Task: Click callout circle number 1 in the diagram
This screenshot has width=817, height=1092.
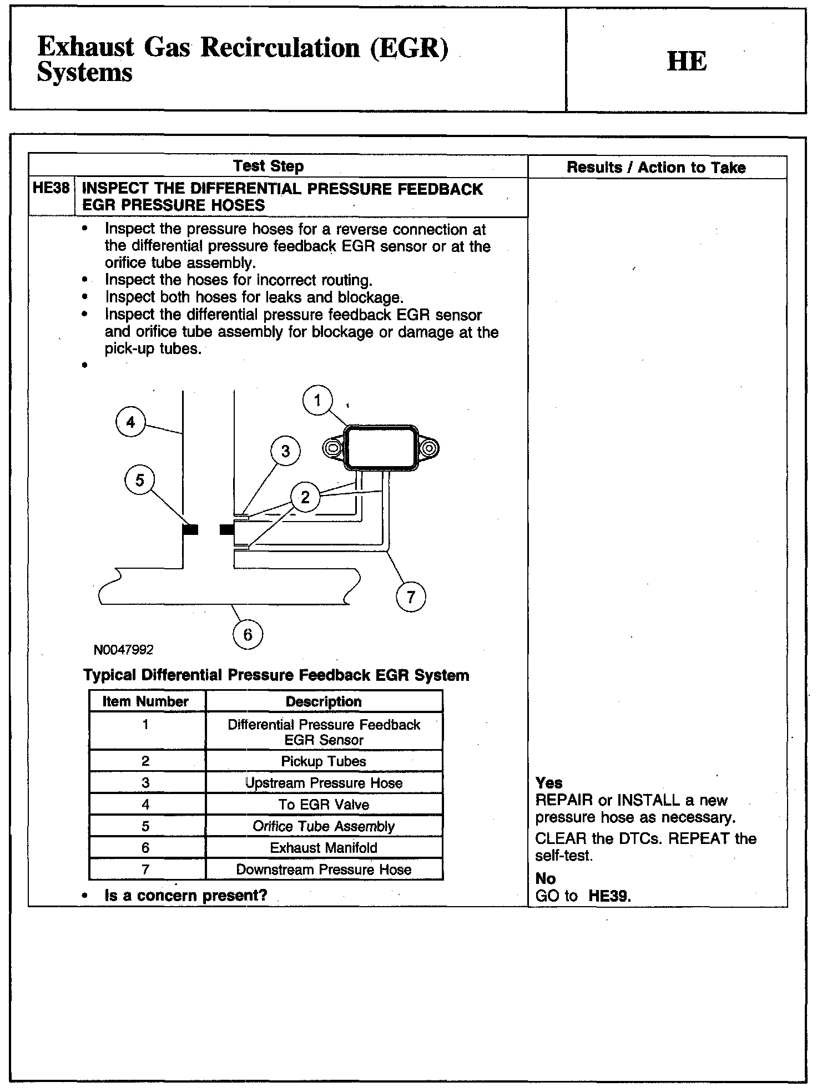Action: pos(317,400)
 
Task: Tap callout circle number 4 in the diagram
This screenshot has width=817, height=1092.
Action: pos(130,422)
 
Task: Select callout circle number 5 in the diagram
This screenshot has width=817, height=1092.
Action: pos(139,479)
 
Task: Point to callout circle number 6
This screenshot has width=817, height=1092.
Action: pos(248,634)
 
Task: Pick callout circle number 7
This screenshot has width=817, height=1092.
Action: pos(411,597)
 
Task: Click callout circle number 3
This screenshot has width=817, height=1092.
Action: pos(285,451)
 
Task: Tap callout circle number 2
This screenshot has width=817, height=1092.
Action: pos(305,497)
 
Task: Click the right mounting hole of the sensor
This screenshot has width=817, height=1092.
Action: pos(428,447)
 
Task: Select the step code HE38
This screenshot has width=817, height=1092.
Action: pos(51,188)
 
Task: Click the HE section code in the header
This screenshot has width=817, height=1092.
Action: pos(687,61)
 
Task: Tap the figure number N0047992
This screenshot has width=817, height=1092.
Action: pos(124,649)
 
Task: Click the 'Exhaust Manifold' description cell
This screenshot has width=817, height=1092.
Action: pos(324,848)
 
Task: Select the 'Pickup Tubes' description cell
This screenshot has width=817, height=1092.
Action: pos(324,761)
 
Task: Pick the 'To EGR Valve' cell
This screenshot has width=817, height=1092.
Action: pos(324,805)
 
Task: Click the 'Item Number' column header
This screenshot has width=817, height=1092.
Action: pos(146,701)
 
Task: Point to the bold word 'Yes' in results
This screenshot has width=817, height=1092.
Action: pos(549,783)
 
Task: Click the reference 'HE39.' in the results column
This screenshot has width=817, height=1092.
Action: pos(609,896)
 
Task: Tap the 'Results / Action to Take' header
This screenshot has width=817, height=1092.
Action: pos(656,167)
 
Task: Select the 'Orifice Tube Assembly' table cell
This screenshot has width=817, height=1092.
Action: pos(324,826)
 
